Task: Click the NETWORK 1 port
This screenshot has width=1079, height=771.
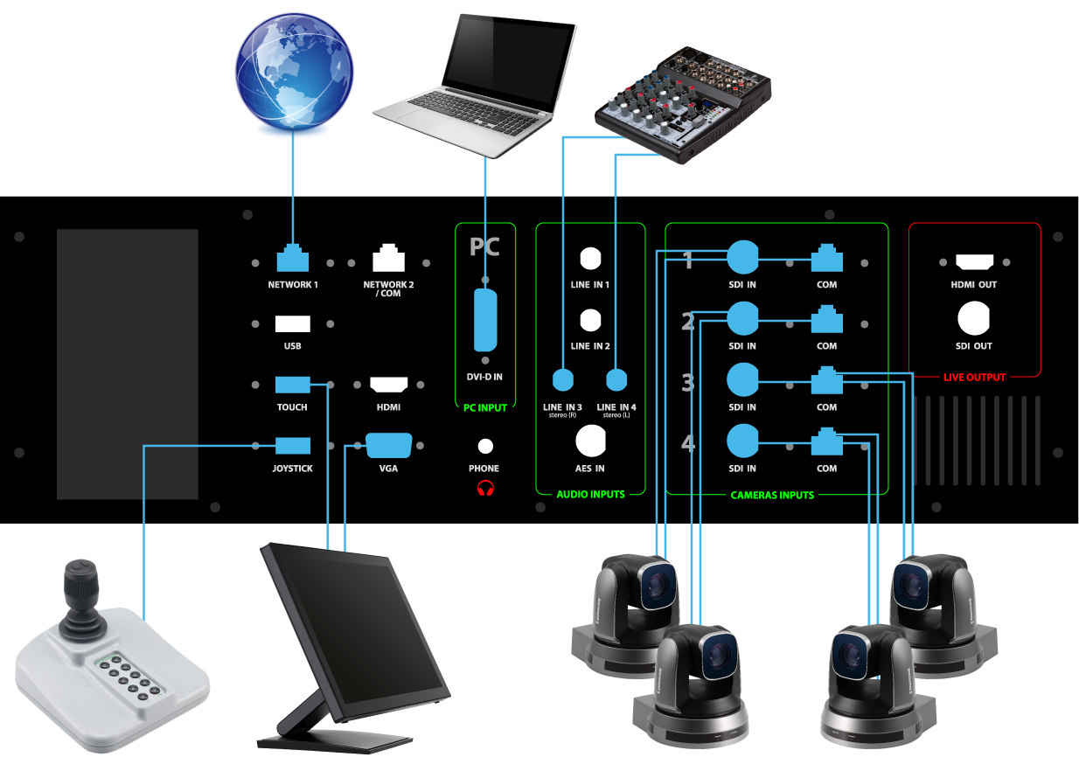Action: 293,260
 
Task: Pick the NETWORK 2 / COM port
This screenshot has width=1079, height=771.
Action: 388,260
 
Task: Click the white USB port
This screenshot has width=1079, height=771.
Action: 292,324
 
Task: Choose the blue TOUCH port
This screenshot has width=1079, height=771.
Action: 292,385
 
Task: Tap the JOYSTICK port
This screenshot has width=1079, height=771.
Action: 292,446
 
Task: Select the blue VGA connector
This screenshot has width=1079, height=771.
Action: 388,446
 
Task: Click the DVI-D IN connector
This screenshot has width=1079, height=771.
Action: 484,321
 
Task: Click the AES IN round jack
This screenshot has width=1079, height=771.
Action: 591,441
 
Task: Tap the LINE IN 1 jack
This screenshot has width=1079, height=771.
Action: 590,260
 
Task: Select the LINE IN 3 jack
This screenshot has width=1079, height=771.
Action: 562,379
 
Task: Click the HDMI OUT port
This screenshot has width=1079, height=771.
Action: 974,261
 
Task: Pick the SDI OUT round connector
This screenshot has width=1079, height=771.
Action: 974,320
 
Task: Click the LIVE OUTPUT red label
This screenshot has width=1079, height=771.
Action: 974,378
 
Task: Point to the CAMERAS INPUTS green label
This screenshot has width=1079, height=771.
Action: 772,496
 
